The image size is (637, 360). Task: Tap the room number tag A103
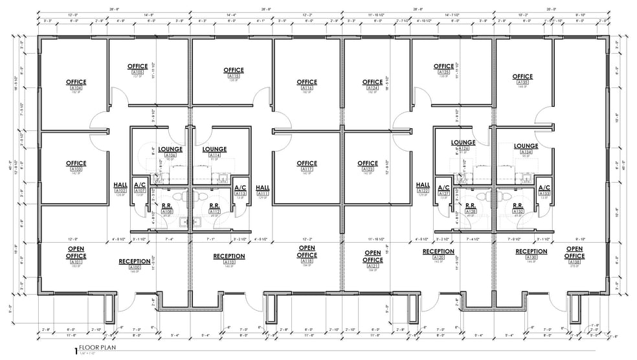tap(76, 169)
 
